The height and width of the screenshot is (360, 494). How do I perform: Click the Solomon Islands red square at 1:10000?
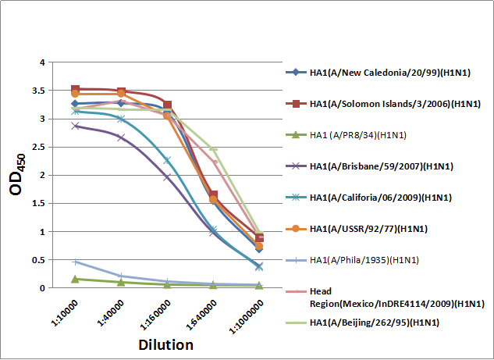point(75,90)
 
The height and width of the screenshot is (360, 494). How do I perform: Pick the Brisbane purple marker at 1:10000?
point(75,125)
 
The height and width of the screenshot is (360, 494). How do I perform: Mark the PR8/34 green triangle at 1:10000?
point(75,279)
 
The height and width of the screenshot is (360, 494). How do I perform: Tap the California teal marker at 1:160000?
point(167,160)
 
